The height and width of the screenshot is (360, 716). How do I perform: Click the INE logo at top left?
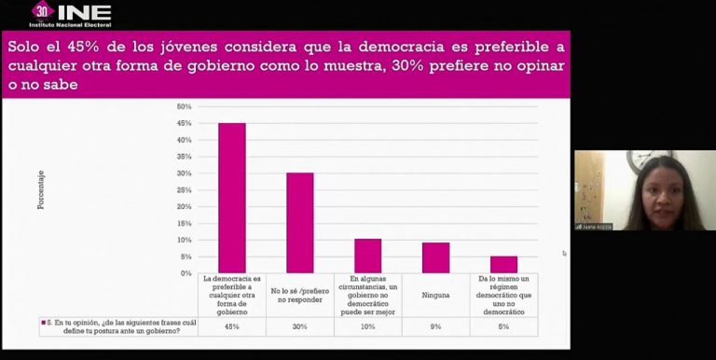(x=72, y=14)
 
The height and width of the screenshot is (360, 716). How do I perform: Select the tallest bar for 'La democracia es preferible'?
(x=232, y=198)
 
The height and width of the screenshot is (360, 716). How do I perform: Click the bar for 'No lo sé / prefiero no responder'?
(x=300, y=223)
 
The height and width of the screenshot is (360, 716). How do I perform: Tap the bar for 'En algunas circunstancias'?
(x=368, y=256)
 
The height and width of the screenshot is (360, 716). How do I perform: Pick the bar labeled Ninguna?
(x=435, y=258)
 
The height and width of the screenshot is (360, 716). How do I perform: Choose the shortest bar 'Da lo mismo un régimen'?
(x=503, y=265)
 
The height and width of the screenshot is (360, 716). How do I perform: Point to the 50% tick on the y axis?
(x=184, y=106)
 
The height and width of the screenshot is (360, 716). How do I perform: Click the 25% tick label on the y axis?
(x=184, y=190)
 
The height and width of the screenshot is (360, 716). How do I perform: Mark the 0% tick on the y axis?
(x=186, y=273)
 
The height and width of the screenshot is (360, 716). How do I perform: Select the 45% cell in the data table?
(x=232, y=326)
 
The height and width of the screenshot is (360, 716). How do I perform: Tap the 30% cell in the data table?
(x=300, y=326)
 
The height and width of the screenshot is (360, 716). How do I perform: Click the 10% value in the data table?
(x=368, y=326)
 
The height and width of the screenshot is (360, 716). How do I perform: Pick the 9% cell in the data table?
(x=435, y=326)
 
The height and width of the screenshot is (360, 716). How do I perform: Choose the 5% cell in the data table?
(x=503, y=326)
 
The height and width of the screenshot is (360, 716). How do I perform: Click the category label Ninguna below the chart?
(x=435, y=295)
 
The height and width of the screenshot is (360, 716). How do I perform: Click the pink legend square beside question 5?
(x=43, y=322)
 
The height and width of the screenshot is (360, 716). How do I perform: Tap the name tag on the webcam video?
(x=594, y=226)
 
